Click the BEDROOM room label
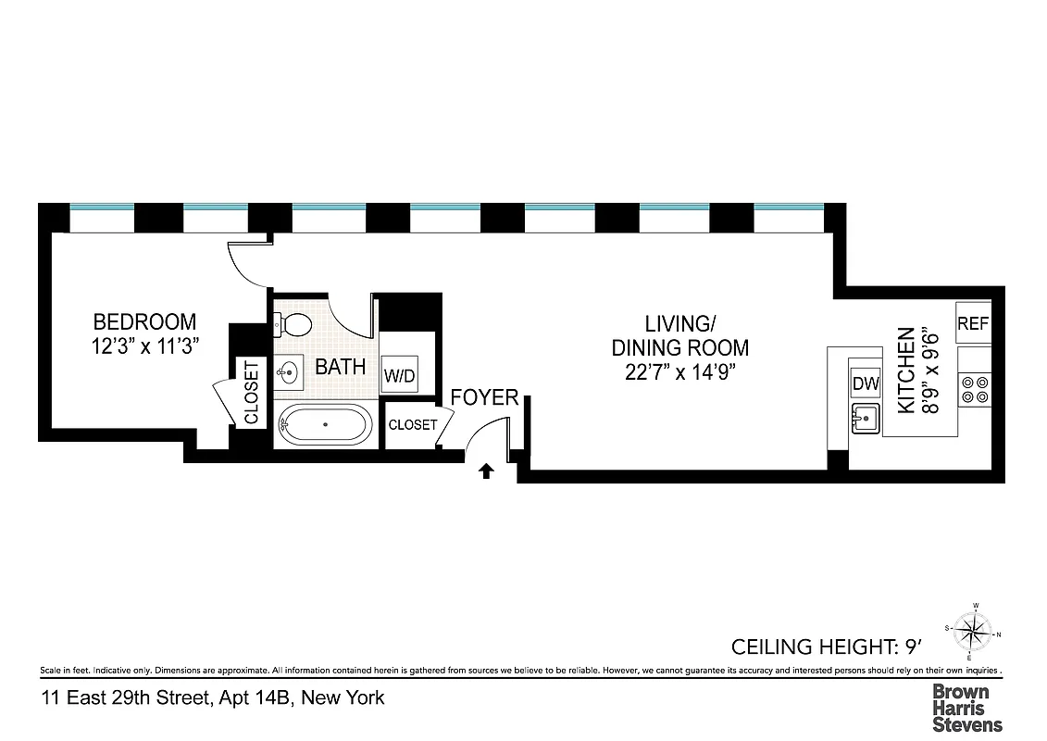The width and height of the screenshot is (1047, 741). [144, 322]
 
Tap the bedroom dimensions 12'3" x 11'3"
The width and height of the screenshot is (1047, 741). [144, 345]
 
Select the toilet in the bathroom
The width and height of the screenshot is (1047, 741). [295, 325]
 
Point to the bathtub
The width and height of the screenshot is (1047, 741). [324, 425]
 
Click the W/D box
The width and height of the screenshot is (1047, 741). [399, 376]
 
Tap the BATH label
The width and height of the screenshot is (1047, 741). [340, 367]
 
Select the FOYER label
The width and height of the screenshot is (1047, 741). [484, 398]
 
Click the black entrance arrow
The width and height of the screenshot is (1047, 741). [485, 472]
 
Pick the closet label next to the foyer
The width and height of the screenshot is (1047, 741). [412, 425]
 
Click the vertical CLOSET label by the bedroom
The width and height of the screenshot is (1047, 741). [252, 393]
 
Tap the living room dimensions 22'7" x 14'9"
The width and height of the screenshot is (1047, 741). [679, 372]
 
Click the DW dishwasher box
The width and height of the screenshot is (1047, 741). [866, 383]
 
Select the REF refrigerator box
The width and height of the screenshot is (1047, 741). [973, 323]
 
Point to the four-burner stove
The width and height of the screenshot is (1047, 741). [975, 389]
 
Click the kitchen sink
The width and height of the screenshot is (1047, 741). [866, 419]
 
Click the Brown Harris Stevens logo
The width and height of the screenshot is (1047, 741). [966, 708]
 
